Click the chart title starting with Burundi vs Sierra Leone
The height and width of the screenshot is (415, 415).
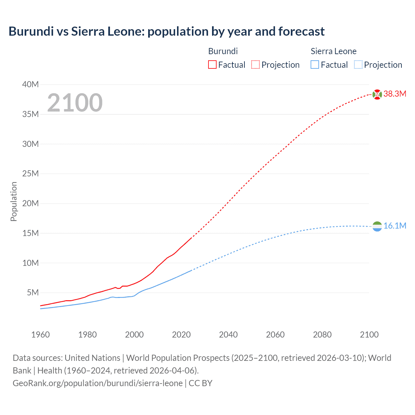click(166, 31)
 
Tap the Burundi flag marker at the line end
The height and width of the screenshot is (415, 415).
click(377, 94)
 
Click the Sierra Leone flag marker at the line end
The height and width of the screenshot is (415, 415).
click(377, 226)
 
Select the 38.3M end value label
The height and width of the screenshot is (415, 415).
click(395, 94)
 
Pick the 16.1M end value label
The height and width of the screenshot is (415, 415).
click(395, 226)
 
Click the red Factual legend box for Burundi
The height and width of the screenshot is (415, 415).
click(212, 65)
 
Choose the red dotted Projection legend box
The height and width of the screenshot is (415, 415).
click(255, 65)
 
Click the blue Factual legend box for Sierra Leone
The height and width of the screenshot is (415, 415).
click(315, 65)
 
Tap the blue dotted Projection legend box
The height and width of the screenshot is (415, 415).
click(358, 65)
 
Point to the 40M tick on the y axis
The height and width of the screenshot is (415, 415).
click(30, 85)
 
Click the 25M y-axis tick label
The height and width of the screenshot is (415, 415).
click(30, 174)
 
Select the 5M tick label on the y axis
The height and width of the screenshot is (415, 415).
click(33, 293)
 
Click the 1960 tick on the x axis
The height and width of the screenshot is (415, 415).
click(41, 335)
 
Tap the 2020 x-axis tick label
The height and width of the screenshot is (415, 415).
click(181, 335)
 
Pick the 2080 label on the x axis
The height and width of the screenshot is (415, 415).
click(322, 335)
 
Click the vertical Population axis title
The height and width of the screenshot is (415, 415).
click(14, 201)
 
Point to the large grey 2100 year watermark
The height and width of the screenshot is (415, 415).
click(75, 103)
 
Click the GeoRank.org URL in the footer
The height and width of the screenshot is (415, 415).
click(98, 383)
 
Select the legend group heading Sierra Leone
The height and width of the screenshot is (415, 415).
click(333, 51)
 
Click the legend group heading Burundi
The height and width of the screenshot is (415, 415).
click(223, 51)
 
